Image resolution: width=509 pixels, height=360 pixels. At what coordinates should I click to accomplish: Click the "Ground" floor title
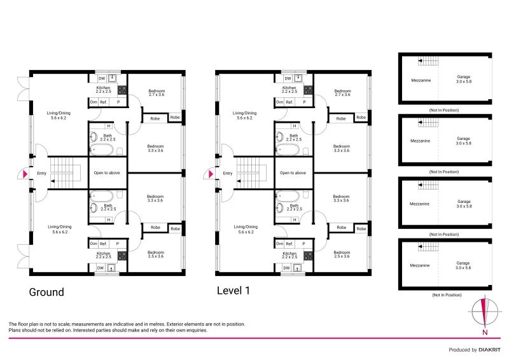click(x=46, y=292)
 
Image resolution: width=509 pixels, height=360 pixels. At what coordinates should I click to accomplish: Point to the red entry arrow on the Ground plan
click(x=25, y=173)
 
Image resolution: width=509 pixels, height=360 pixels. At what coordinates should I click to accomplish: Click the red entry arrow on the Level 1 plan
click(x=211, y=173)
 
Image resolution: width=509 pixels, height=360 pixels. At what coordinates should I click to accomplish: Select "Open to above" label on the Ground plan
click(x=106, y=173)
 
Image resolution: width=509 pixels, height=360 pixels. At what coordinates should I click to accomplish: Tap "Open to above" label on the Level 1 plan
click(x=293, y=173)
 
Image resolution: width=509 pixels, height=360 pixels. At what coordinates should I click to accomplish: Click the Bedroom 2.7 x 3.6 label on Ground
click(x=157, y=93)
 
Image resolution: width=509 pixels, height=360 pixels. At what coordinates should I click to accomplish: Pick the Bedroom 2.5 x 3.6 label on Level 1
click(x=342, y=254)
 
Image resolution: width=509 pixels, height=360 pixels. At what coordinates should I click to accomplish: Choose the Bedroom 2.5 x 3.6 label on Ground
click(x=156, y=254)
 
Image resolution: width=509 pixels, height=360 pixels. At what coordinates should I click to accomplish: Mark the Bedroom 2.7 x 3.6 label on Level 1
click(x=342, y=93)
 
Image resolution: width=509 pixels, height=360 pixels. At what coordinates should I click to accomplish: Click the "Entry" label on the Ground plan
click(x=42, y=173)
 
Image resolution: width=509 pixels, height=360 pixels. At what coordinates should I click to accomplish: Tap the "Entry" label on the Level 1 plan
click(x=228, y=173)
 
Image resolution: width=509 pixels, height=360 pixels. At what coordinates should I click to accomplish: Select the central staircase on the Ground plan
click(x=64, y=172)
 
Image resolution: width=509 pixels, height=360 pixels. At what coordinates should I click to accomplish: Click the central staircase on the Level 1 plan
click(x=250, y=172)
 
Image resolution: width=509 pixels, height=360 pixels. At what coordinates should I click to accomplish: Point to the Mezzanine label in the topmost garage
click(x=422, y=80)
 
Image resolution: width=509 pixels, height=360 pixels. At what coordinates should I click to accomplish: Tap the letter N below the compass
click(x=485, y=333)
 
